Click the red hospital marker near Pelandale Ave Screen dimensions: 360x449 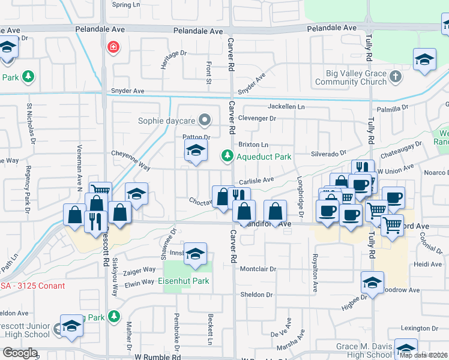[x=112, y=47]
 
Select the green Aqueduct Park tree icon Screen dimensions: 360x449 [x=227, y=157]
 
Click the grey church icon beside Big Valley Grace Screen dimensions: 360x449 [x=394, y=77]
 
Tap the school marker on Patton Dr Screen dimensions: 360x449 [x=196, y=152]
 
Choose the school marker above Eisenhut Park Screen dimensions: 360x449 [x=195, y=254]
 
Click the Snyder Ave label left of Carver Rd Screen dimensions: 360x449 [x=127, y=91]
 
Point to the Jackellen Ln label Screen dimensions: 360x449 [x=286, y=106]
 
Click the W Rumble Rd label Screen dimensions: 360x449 [x=158, y=356]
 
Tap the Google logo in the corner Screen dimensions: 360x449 [x=20, y=353]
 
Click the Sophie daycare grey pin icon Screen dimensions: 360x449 [x=205, y=119]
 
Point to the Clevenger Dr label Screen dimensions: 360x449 [x=257, y=119]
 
